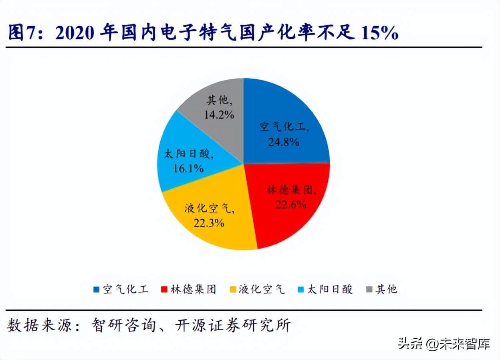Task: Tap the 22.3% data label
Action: click(x=208, y=222)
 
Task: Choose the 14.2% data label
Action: click(x=219, y=115)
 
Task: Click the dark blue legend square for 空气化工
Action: click(x=96, y=289)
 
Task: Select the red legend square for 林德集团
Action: click(x=163, y=289)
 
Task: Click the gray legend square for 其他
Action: click(x=369, y=289)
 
